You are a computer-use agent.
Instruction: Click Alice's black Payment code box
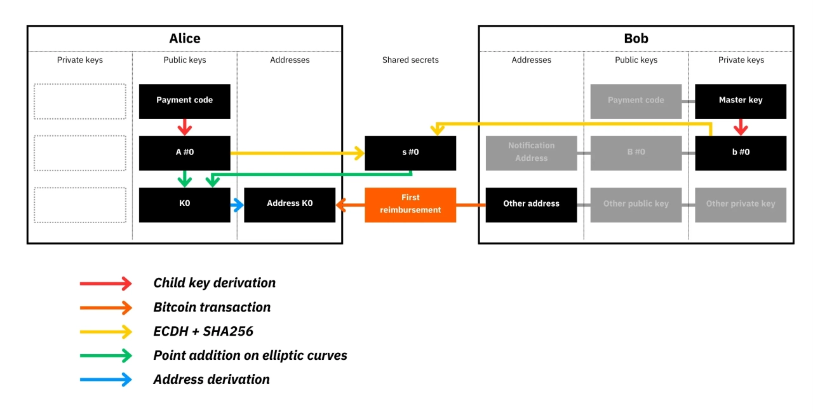[184, 100]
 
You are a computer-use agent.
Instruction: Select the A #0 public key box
[184, 153]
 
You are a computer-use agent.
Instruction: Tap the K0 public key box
[184, 204]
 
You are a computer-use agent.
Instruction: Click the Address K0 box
[290, 204]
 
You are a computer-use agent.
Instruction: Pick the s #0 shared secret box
[410, 153]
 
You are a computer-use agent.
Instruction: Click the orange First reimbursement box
[410, 204]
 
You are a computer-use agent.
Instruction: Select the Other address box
[531, 204]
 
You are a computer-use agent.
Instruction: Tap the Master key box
[741, 100]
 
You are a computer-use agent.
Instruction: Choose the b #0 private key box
[741, 153]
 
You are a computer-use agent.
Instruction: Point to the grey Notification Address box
[531, 153]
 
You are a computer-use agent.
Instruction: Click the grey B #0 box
[636, 153]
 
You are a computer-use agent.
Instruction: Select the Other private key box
[741, 204]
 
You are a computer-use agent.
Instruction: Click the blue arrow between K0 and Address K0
[238, 205]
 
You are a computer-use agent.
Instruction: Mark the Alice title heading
[185, 39]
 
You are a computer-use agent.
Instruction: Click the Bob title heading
[636, 39]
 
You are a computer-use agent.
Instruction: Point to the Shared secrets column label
[410, 60]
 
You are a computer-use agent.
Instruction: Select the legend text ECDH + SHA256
[203, 331]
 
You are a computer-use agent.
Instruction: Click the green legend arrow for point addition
[106, 355]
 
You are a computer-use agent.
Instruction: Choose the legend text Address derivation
[212, 380]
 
